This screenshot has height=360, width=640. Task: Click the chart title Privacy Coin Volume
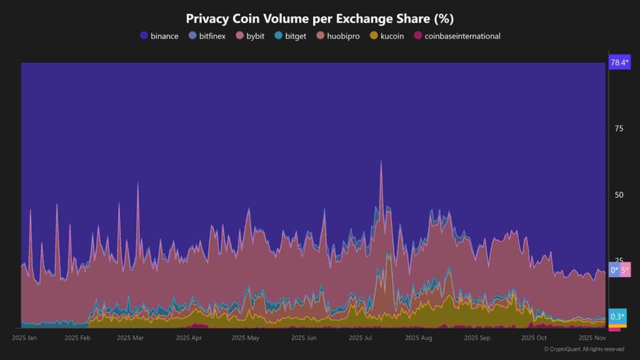[x=319, y=18]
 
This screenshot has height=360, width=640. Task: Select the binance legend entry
[x=159, y=36]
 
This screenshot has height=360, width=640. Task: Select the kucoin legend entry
[x=387, y=36]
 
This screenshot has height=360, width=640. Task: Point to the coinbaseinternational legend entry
[x=457, y=36]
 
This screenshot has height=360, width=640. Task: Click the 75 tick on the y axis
[x=619, y=129]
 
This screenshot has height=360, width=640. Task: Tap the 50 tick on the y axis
[x=619, y=195]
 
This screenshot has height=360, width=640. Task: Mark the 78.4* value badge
[x=619, y=62]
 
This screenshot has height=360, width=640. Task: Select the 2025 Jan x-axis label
[x=24, y=338]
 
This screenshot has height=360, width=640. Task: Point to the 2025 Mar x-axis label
[x=130, y=338]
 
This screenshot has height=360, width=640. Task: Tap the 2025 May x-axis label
[x=245, y=338]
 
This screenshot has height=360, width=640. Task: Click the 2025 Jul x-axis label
[x=361, y=338]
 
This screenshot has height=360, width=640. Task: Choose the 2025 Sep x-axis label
[x=477, y=338]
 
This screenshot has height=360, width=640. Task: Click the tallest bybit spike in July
[x=381, y=162]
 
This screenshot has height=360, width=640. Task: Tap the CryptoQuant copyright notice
[x=583, y=349]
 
